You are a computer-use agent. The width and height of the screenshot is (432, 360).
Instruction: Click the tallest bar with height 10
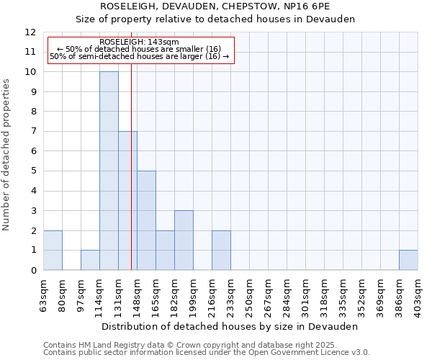109,171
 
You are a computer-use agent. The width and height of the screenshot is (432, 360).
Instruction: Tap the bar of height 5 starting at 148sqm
146,220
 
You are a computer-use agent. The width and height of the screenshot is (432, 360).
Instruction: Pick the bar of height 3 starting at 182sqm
184,240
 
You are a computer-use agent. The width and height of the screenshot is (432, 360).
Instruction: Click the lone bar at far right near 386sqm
408,260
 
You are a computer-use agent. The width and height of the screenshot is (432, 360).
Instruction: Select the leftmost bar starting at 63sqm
53,250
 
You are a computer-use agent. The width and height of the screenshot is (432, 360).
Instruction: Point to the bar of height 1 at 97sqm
90,260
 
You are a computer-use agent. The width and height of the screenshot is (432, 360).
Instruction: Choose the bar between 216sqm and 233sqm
221,250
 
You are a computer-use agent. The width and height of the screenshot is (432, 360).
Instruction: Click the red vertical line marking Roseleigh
132,180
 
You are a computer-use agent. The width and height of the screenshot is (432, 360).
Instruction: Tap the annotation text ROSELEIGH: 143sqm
134,42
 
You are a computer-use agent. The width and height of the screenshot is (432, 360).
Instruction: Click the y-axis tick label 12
30,32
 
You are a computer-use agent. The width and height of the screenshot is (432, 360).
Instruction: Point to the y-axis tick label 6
32,151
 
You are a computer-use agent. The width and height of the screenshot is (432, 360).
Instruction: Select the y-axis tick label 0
32,270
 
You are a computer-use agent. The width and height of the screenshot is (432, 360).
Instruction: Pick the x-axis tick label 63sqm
43,295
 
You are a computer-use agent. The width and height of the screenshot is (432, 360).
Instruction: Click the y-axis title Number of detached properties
7,155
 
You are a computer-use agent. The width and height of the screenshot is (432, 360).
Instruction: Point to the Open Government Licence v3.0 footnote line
207,353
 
